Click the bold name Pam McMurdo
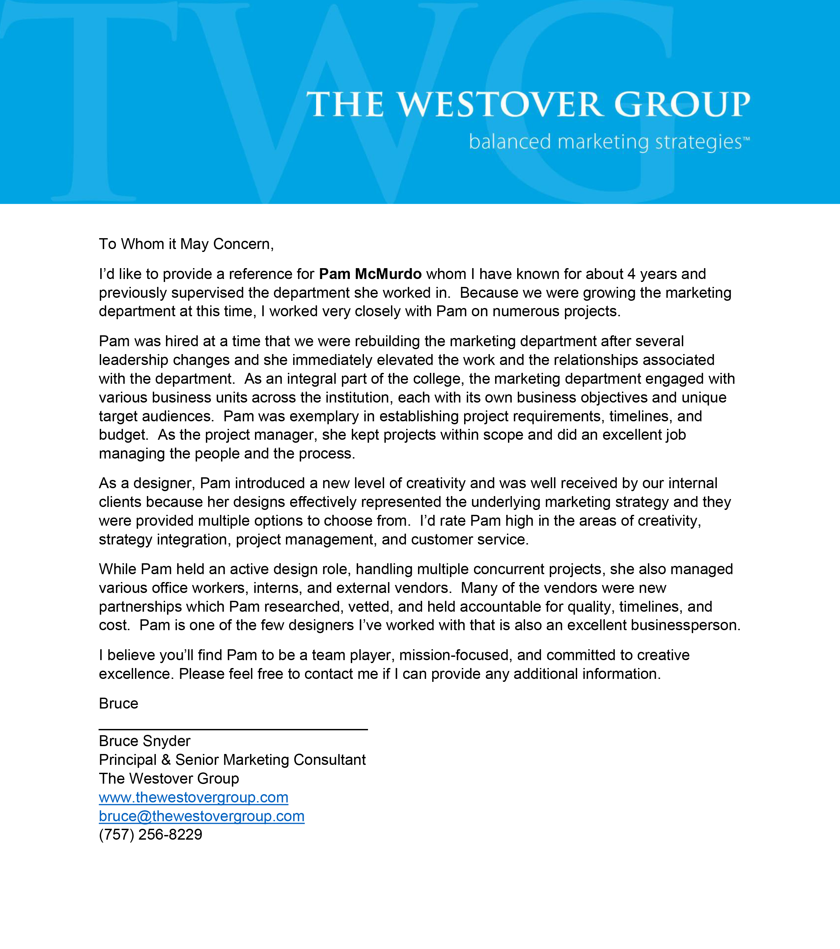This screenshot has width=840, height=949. [370, 274]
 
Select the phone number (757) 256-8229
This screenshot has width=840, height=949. [151, 834]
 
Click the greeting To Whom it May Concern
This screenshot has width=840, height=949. [186, 244]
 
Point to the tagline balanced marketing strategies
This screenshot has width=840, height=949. [608, 142]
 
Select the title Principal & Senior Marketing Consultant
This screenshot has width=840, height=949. [232, 760]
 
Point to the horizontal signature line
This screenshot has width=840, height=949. [233, 729]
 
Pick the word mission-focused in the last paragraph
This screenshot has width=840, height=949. [456, 655]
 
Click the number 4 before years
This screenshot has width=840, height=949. [631, 274]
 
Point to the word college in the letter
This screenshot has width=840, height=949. [438, 379]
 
